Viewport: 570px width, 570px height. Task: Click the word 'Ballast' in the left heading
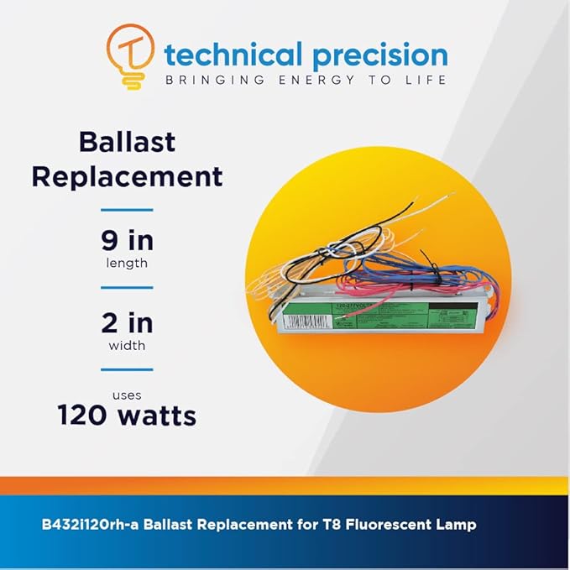click(127, 141)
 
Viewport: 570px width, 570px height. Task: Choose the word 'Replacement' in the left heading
click(150, 177)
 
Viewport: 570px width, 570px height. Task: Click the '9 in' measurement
click(127, 242)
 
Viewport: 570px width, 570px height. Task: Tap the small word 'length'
click(127, 264)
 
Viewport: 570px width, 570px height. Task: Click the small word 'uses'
click(127, 395)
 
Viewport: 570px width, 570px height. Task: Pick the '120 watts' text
click(127, 415)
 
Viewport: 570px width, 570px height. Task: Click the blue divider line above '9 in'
click(127, 210)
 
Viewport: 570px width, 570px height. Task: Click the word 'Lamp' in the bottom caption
click(458, 525)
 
